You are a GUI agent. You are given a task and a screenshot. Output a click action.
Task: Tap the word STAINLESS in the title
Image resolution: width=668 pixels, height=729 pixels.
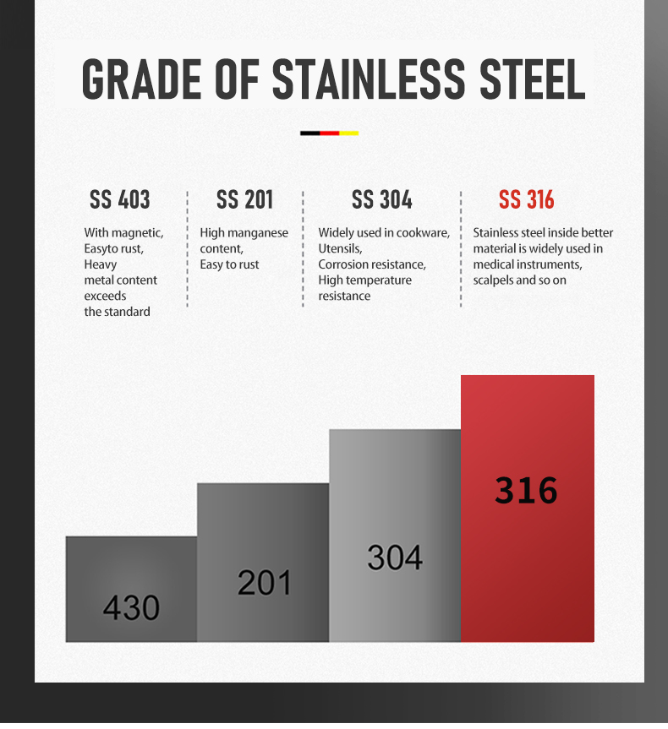tap(368, 79)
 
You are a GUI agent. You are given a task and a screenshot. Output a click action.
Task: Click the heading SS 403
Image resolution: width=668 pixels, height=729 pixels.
tap(119, 200)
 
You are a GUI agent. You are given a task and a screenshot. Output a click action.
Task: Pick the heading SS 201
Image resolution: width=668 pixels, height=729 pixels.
tap(244, 200)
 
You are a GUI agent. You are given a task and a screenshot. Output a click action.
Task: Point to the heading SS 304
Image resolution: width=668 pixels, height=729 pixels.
tap(381, 200)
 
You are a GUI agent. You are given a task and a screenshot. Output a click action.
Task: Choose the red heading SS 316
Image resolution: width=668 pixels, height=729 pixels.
tap(526, 200)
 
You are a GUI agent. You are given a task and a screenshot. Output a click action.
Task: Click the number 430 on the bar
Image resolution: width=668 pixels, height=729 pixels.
tap(131, 607)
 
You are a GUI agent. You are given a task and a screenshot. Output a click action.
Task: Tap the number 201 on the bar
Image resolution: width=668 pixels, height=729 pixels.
tap(264, 582)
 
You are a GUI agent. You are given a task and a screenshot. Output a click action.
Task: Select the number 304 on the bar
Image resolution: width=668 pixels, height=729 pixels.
tap(395, 557)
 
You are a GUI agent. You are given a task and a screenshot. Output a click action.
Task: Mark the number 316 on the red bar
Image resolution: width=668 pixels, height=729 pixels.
tap(526, 490)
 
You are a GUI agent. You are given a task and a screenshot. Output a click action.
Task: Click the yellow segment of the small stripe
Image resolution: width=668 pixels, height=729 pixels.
tap(349, 133)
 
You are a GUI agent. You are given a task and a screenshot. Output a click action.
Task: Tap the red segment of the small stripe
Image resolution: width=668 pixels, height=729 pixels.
tap(330, 133)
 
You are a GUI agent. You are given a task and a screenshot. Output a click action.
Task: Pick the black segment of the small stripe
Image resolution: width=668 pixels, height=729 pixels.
tap(309, 133)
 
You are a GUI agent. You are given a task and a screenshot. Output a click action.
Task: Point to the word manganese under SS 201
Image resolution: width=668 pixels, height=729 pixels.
tap(257, 233)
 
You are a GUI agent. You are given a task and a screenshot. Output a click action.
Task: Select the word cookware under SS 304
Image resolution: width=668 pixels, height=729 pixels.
tap(423, 233)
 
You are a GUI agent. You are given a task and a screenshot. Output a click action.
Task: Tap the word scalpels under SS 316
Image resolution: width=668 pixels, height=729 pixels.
tap(493, 280)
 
